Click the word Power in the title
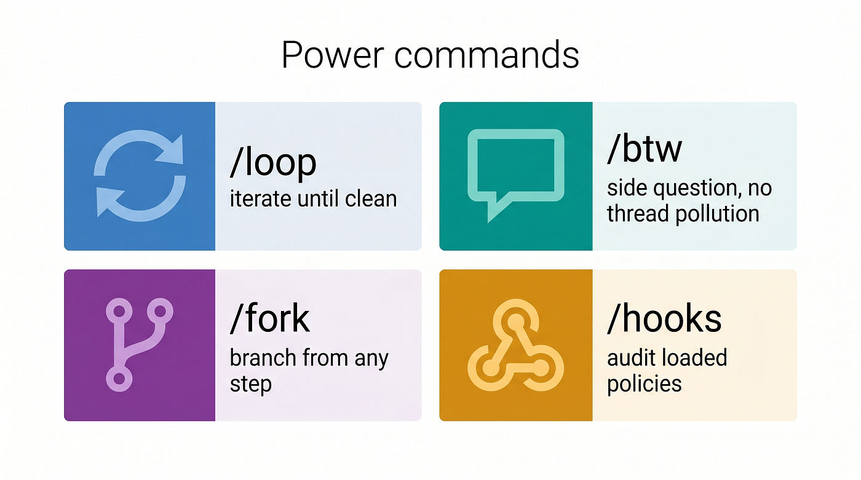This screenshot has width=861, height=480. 333,55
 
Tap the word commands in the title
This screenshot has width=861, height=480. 486,55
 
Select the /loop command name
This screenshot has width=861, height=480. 273,162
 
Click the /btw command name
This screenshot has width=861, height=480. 645,149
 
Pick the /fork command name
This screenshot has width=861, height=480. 270,318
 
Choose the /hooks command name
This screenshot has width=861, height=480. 665,318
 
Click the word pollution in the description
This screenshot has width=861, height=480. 717,214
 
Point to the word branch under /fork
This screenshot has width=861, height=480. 263,358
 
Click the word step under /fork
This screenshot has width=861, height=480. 251,384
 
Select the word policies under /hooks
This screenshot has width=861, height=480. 645,384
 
